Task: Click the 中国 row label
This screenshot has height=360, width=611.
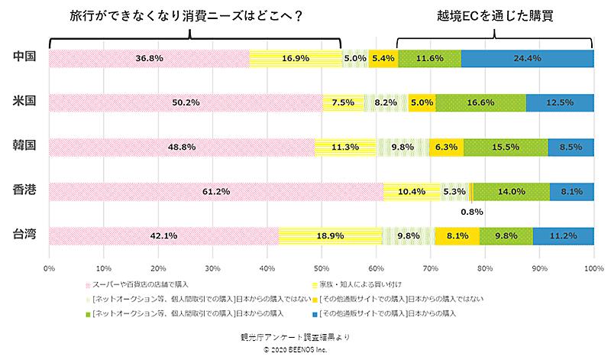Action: [x=25, y=57]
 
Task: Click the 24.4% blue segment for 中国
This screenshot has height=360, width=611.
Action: [x=527, y=58]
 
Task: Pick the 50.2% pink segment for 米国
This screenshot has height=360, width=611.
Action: [x=185, y=102]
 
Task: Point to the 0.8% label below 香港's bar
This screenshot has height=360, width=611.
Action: [x=472, y=212]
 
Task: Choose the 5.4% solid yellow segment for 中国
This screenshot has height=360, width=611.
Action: [x=383, y=58]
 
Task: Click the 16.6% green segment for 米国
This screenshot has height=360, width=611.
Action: [x=480, y=102]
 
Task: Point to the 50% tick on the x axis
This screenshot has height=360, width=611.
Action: [x=322, y=268]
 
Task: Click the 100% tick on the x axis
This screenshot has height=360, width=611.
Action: [x=593, y=268]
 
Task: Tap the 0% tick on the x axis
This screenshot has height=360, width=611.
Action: [x=49, y=268]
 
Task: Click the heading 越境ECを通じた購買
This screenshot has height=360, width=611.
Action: [x=495, y=15]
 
